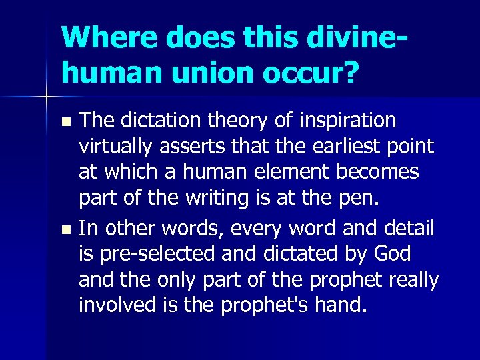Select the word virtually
[x=116, y=147]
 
